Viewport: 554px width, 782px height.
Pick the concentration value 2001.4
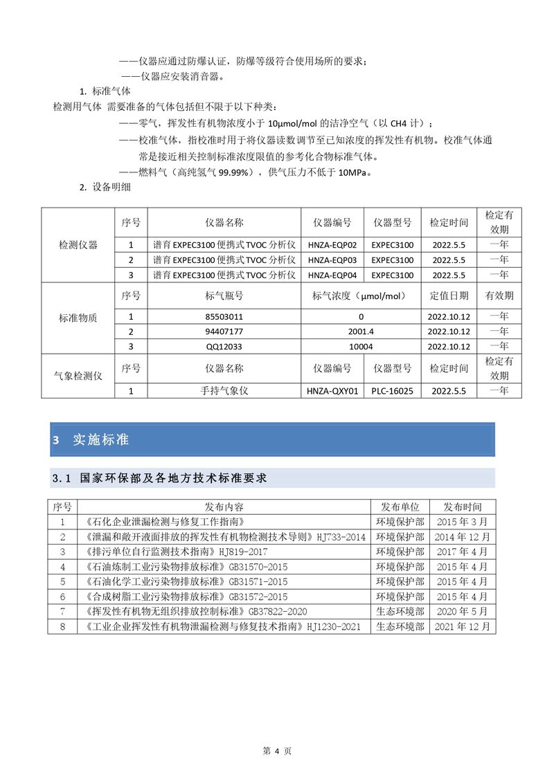[361, 331]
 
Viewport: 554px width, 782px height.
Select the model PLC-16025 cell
[392, 391]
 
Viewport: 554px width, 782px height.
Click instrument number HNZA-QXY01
[332, 391]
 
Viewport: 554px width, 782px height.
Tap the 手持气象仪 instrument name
[224, 391]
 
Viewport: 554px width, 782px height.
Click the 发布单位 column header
[400, 507]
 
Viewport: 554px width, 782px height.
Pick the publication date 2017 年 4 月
[462, 552]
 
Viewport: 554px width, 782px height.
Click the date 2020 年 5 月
[462, 611]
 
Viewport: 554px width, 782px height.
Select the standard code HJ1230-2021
[333, 626]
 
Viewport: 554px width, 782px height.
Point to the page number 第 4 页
[276, 750]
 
